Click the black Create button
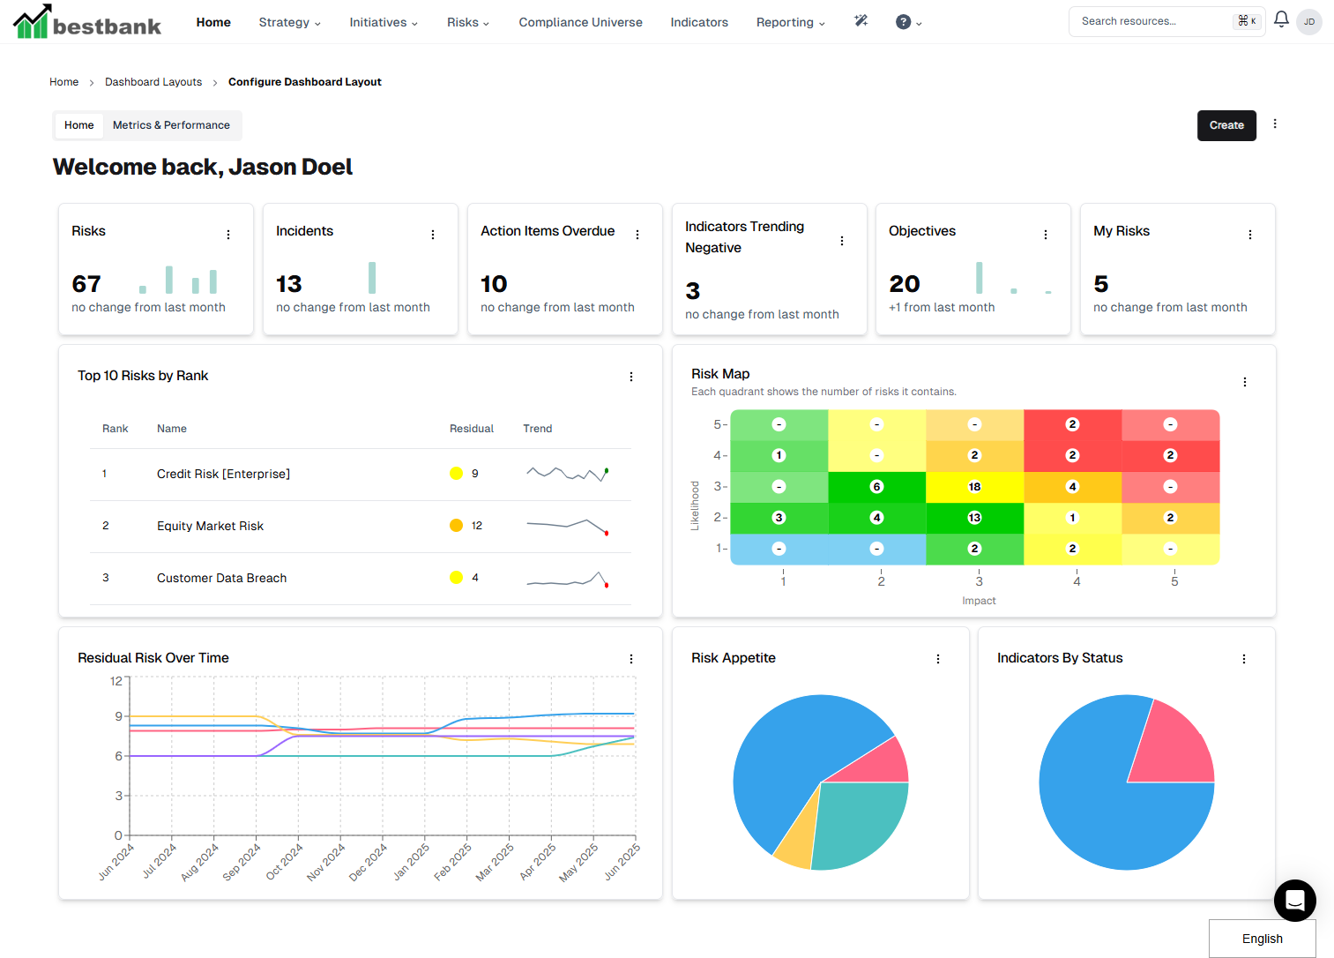(1226, 125)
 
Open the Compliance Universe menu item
(580, 22)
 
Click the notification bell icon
(1281, 19)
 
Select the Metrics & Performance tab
(171, 125)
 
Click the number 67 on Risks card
(86, 284)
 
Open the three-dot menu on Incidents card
(433, 235)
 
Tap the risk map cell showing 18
(974, 487)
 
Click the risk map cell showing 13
(974, 518)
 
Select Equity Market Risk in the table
(210, 526)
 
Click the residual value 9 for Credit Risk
(474, 474)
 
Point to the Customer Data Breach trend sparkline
(568, 580)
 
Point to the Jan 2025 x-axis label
(412, 861)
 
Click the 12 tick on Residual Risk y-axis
(116, 681)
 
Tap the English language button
(1262, 939)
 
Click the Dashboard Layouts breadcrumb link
(153, 82)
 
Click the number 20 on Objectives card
(905, 284)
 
